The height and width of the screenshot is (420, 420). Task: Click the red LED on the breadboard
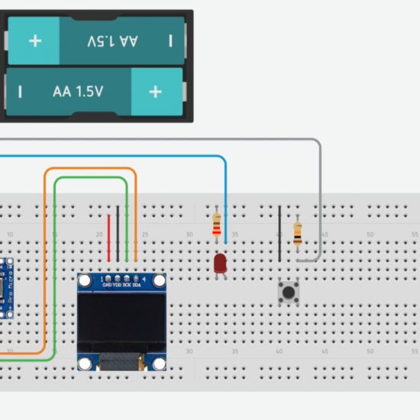[x=220, y=263]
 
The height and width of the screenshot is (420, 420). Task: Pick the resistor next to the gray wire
[x=297, y=232]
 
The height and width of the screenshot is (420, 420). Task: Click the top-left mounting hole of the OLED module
[x=86, y=282]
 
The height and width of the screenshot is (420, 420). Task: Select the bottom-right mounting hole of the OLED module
[x=159, y=364]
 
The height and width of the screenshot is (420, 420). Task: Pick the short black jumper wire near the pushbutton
[x=279, y=229]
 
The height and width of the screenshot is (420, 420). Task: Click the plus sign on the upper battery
[x=34, y=40]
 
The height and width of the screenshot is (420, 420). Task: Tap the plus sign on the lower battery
[x=156, y=92]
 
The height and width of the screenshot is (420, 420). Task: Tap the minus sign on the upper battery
[x=170, y=40]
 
